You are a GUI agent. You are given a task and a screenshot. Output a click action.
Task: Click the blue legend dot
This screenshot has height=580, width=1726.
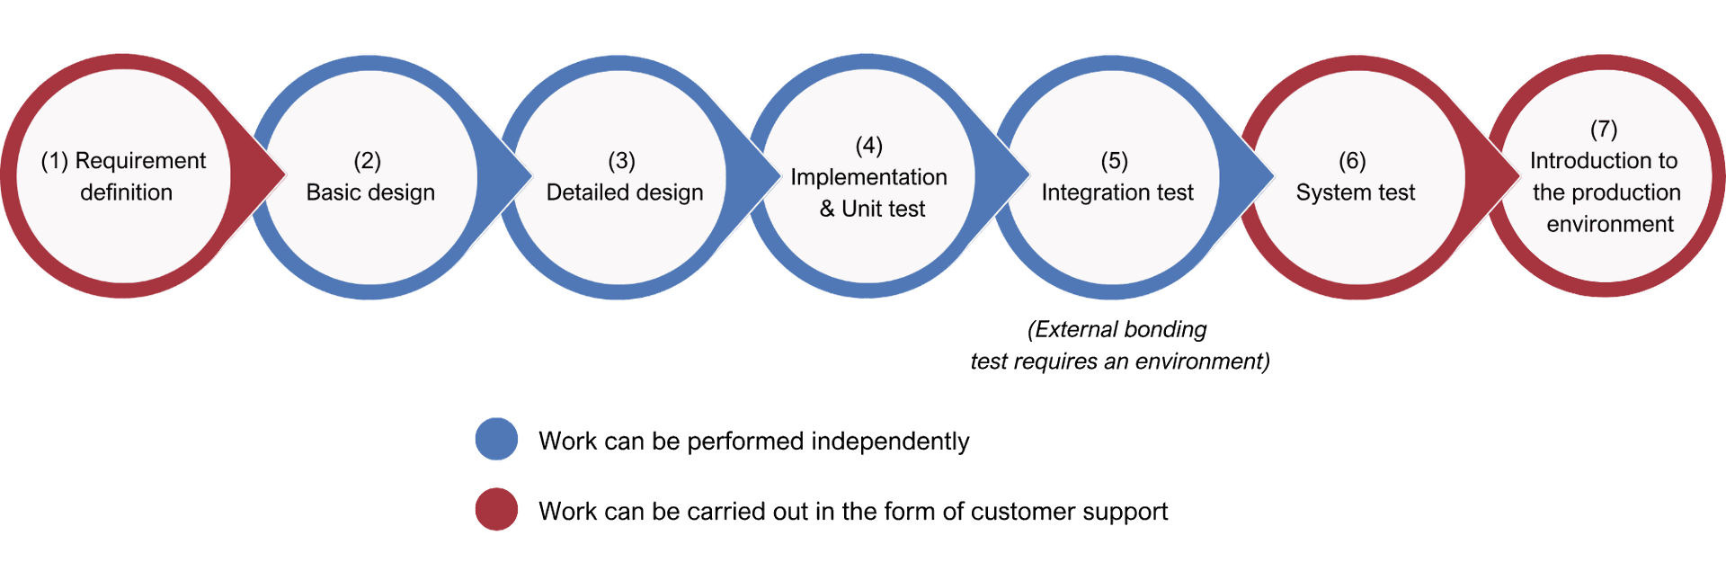click(x=496, y=439)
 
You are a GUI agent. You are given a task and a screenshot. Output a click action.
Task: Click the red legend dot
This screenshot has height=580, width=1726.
click(x=496, y=509)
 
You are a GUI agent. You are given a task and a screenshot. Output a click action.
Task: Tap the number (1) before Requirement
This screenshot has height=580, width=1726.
click(x=55, y=161)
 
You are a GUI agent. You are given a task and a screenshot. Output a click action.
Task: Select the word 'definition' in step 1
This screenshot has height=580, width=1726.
click(x=126, y=192)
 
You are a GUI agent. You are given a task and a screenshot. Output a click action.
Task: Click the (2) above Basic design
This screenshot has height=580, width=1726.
click(x=367, y=161)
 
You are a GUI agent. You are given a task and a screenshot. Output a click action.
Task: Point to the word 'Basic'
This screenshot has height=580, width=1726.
click(x=332, y=192)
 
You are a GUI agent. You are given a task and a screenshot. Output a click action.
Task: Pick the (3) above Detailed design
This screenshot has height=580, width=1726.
click(x=621, y=161)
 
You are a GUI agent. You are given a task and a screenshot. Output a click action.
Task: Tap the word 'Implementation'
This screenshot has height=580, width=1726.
click(x=868, y=177)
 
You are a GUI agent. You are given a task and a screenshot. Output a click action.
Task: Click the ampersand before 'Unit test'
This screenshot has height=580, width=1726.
click(x=827, y=209)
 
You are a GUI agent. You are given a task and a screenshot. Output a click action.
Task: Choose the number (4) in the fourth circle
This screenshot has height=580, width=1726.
click(x=868, y=146)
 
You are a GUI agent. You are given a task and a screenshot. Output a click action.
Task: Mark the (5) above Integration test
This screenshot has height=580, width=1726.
click(x=1114, y=161)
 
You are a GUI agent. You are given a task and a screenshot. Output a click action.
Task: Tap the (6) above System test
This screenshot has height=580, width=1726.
click(x=1352, y=161)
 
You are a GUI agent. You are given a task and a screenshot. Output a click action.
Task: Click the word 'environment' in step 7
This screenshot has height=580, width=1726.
click(x=1610, y=224)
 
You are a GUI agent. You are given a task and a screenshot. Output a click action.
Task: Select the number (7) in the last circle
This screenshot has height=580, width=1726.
click(x=1604, y=129)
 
